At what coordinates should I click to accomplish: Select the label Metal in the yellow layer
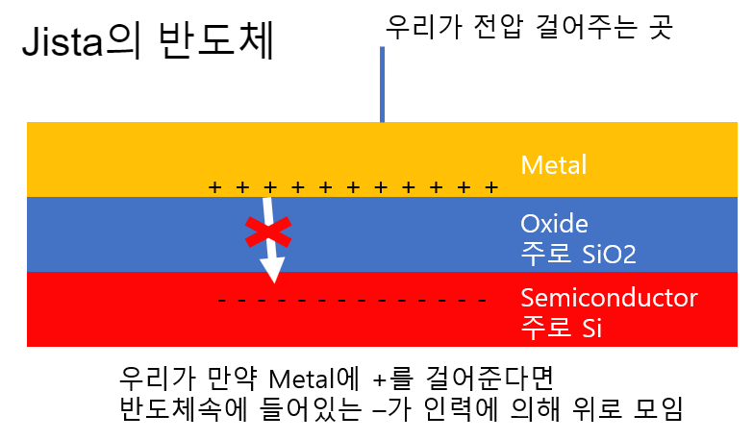click(x=553, y=165)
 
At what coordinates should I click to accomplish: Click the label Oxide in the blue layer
click(x=554, y=225)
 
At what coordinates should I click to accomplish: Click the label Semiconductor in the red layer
click(x=609, y=298)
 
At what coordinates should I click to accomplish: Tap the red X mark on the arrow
click(x=267, y=231)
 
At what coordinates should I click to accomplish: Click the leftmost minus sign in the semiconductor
click(x=222, y=301)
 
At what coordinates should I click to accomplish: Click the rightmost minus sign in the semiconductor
click(x=484, y=301)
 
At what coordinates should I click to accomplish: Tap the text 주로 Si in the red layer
click(x=562, y=327)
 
